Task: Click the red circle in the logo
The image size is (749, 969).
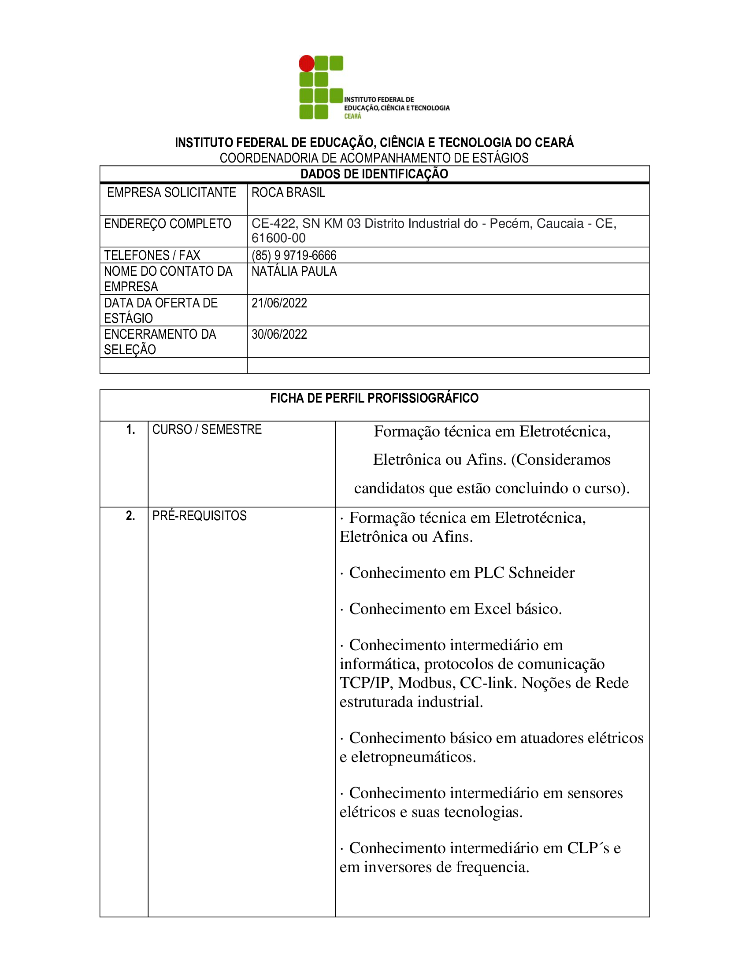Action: tap(306, 63)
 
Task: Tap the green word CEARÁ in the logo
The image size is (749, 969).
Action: tap(353, 116)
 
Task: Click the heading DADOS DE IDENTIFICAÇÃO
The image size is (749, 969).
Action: tap(374, 174)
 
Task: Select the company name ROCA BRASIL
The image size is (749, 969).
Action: tap(289, 192)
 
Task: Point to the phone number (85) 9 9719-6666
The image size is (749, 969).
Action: tap(294, 255)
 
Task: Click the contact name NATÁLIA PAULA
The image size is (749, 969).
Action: tap(294, 271)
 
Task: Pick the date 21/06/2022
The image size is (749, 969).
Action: tap(279, 303)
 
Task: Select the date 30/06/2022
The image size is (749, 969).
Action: tap(279, 334)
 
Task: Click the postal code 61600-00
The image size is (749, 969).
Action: tap(278, 238)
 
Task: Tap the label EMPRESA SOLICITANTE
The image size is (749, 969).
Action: tap(171, 192)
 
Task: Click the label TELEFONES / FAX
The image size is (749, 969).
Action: tap(152, 255)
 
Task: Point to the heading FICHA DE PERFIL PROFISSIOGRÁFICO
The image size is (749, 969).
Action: tap(374, 398)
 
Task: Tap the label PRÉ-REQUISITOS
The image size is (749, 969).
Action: tap(199, 516)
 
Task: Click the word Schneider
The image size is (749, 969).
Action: tap(541, 573)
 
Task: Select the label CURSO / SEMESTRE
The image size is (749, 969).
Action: tap(207, 429)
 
